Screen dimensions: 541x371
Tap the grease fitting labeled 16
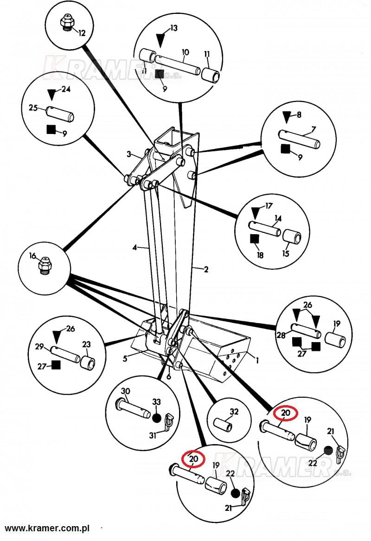[45, 264]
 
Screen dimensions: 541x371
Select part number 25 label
[33, 108]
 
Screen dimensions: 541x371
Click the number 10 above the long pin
[185, 52]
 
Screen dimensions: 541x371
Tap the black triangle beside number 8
[288, 117]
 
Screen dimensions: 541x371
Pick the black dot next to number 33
[156, 417]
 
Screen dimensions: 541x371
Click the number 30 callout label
[125, 391]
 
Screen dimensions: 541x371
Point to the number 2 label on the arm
[206, 269]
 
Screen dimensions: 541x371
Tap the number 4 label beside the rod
[134, 248]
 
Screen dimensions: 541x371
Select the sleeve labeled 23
[88, 362]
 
